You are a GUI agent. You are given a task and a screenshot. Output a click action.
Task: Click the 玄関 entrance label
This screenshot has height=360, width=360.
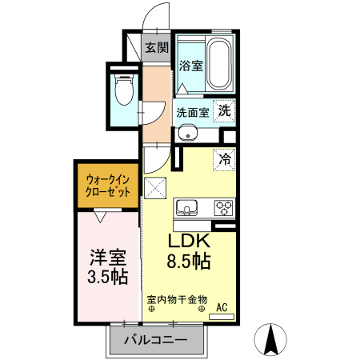click(x=156, y=47)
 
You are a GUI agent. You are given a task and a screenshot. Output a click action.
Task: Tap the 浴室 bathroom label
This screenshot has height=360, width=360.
click(x=190, y=66)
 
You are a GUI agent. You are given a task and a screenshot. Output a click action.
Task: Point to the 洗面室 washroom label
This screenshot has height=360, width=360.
click(x=193, y=112)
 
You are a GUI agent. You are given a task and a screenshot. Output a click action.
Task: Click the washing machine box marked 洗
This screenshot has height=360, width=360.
click(x=226, y=111)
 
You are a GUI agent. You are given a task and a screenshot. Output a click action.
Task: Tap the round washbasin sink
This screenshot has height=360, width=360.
click(x=186, y=133)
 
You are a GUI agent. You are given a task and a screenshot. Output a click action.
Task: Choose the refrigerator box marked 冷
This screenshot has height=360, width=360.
click(x=225, y=159)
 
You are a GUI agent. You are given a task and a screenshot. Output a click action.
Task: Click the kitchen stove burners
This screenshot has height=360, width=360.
click(x=222, y=208)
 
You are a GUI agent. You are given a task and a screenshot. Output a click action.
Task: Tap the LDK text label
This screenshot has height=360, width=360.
click(x=188, y=242)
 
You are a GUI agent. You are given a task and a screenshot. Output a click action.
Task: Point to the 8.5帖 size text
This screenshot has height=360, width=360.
click(x=189, y=262)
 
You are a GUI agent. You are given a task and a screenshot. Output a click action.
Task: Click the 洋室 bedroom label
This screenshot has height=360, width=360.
click(x=107, y=258)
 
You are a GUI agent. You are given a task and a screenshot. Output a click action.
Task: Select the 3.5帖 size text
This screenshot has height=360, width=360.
click(x=107, y=278)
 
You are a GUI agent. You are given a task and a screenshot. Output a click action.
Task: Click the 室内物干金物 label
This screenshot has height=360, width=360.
click(x=177, y=301)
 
